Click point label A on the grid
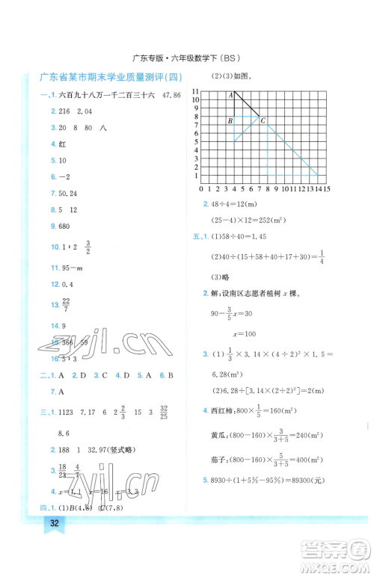tap(231, 93)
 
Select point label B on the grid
tap(230, 120)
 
